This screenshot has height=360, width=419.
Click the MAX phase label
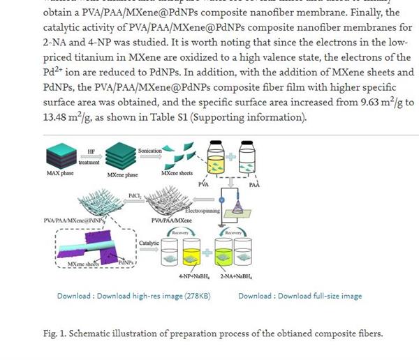click(59, 174)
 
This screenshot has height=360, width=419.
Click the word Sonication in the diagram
click(150, 151)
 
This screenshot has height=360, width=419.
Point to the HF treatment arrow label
click(91, 154)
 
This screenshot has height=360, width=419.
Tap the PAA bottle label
click(254, 185)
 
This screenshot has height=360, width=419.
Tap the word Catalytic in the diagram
click(149, 243)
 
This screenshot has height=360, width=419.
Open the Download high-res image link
click(134, 296)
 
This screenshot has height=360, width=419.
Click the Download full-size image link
click(300, 296)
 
